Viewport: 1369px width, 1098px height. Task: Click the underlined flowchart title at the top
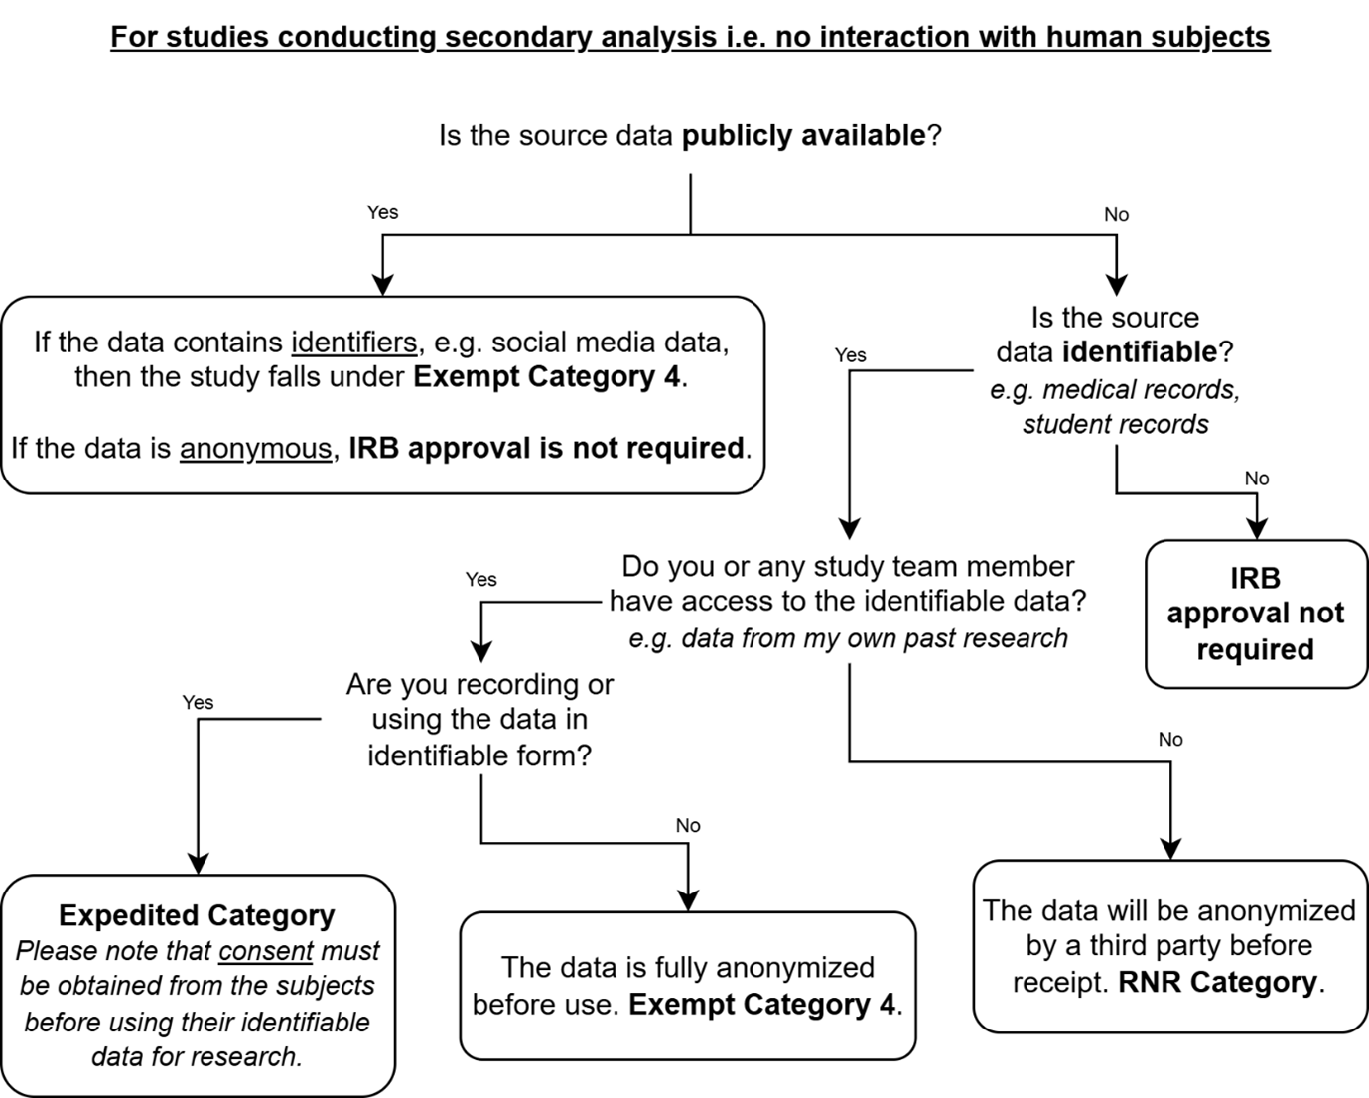click(x=690, y=37)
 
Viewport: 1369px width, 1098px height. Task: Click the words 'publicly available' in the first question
click(x=804, y=135)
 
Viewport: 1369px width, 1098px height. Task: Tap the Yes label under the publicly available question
click(x=382, y=212)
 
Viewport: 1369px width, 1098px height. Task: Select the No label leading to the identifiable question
click(x=1117, y=215)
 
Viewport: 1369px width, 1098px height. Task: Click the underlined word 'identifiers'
click(x=354, y=343)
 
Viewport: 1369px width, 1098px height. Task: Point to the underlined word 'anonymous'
click(x=256, y=449)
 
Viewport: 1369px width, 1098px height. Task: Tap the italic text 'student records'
click(x=1116, y=424)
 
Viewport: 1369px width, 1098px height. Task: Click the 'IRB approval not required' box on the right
click(x=1257, y=614)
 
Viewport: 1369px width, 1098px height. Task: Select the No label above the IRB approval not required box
click(x=1257, y=479)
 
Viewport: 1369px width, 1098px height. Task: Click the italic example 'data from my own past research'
click(x=848, y=638)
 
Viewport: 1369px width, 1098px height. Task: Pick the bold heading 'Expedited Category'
click(x=198, y=916)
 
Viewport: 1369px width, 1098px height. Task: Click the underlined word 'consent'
click(x=266, y=951)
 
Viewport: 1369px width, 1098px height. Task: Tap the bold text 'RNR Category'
click(x=1217, y=982)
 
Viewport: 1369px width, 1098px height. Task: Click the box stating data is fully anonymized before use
click(x=688, y=986)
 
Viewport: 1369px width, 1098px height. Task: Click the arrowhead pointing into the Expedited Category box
click(x=199, y=865)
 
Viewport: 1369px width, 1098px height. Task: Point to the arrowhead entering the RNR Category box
click(x=1170, y=850)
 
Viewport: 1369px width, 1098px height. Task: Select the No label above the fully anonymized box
click(x=688, y=826)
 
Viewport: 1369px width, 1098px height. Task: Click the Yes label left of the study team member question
click(x=480, y=580)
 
